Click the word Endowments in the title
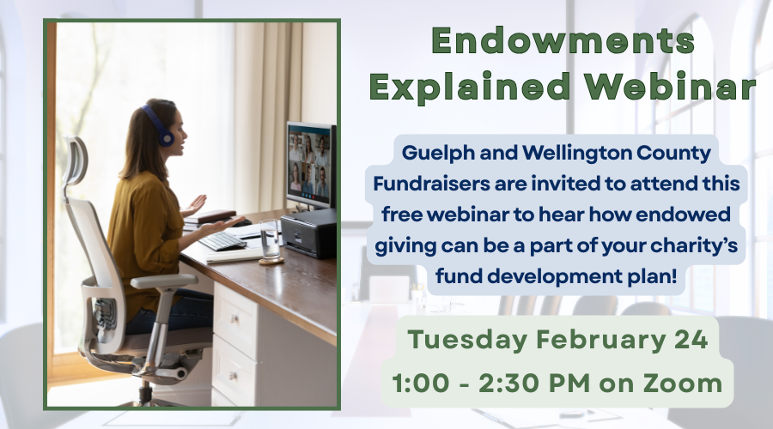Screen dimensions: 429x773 562,41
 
